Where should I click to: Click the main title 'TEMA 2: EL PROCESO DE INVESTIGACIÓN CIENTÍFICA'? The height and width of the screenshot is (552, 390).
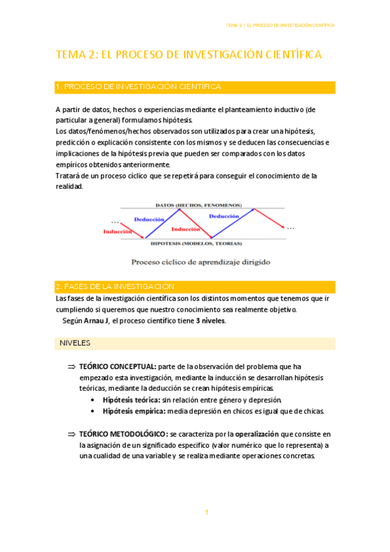point(189,55)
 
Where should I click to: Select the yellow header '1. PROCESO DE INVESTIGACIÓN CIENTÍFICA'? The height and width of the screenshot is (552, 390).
point(139,87)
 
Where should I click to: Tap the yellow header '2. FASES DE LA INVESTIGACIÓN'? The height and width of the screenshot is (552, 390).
point(115,286)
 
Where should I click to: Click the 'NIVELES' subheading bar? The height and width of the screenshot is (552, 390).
point(75,342)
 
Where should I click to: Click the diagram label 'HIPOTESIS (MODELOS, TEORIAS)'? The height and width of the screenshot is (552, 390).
point(195,243)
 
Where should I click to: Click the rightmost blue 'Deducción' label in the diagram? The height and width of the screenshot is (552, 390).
point(223,215)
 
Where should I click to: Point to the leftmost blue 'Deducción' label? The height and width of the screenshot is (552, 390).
point(148,219)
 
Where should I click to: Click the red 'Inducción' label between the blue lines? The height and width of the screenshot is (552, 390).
point(186,229)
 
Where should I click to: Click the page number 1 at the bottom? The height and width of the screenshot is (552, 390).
point(206,513)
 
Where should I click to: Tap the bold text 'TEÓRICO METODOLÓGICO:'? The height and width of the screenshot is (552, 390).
point(122,434)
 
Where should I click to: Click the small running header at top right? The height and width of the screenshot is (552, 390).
point(280,25)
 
